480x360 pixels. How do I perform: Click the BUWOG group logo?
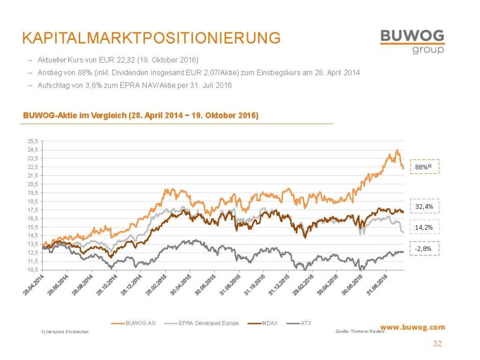point(412,41)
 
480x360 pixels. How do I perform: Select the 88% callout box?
point(424,167)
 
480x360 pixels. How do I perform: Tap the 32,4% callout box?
point(424,206)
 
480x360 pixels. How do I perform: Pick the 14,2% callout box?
point(424,227)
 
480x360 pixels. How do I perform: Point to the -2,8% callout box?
point(424,248)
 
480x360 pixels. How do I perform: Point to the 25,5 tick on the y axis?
point(32,141)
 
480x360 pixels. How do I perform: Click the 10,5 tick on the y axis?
point(32,270)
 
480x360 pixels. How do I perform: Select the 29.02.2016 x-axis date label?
point(302,285)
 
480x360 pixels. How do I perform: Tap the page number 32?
point(437,344)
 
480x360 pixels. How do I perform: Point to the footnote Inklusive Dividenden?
point(65,332)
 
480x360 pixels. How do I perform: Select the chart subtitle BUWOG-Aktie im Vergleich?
point(139,116)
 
